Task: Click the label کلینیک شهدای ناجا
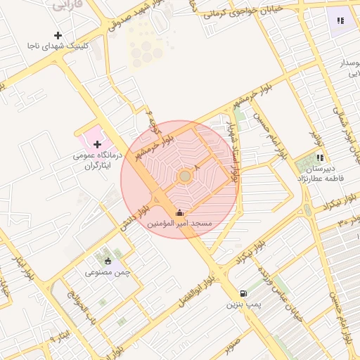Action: (57, 46)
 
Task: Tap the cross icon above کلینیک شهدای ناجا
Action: (58, 34)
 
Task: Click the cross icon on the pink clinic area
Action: (97, 144)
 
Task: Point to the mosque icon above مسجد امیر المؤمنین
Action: (179, 212)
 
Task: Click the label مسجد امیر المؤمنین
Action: (179, 223)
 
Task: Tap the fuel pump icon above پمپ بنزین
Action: (243, 294)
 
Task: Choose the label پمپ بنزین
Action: (243, 305)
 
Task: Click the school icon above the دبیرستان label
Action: (320, 158)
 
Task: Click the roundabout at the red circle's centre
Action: (184, 176)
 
